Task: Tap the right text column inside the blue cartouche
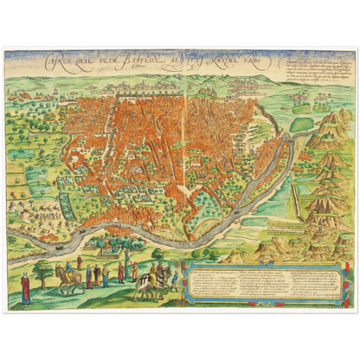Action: tap(317, 280)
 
